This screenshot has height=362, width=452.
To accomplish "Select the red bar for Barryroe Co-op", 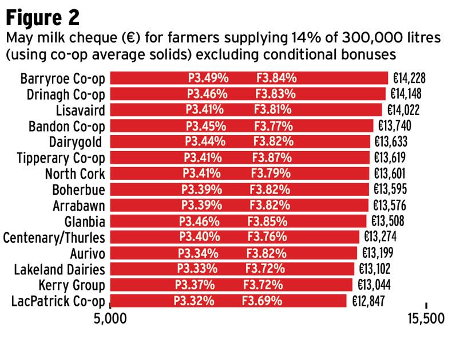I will [249, 78].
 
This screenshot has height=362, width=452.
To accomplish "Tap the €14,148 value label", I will [407, 93].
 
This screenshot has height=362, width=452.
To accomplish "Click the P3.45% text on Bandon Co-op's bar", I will [205, 125].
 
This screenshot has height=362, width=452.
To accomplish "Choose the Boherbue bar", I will [240, 189].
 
